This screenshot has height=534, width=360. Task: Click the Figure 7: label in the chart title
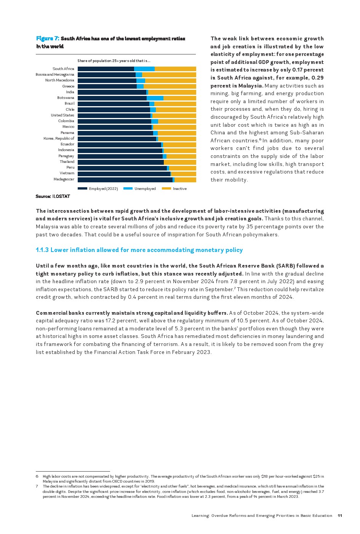(48, 38)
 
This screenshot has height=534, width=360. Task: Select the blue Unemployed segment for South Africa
(144, 69)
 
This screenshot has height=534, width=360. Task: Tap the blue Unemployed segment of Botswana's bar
(155, 98)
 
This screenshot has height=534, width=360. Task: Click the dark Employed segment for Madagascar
(125, 180)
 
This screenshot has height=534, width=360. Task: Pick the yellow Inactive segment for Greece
(170, 86)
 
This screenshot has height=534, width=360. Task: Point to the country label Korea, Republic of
(59, 139)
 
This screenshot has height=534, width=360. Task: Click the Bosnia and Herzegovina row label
(55, 75)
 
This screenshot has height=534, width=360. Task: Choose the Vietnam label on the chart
(67, 173)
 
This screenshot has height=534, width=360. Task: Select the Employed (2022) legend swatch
(82, 189)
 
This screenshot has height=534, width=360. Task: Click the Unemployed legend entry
(145, 189)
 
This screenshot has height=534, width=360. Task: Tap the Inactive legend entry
(179, 189)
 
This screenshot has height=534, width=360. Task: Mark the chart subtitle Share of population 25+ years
(114, 61)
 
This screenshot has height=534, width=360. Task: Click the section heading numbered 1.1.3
(139, 250)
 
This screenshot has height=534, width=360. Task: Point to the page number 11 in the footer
(340, 516)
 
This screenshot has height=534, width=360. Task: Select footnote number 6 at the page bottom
(37, 477)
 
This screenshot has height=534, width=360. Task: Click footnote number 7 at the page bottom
(37, 486)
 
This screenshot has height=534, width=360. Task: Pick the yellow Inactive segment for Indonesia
(180, 150)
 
